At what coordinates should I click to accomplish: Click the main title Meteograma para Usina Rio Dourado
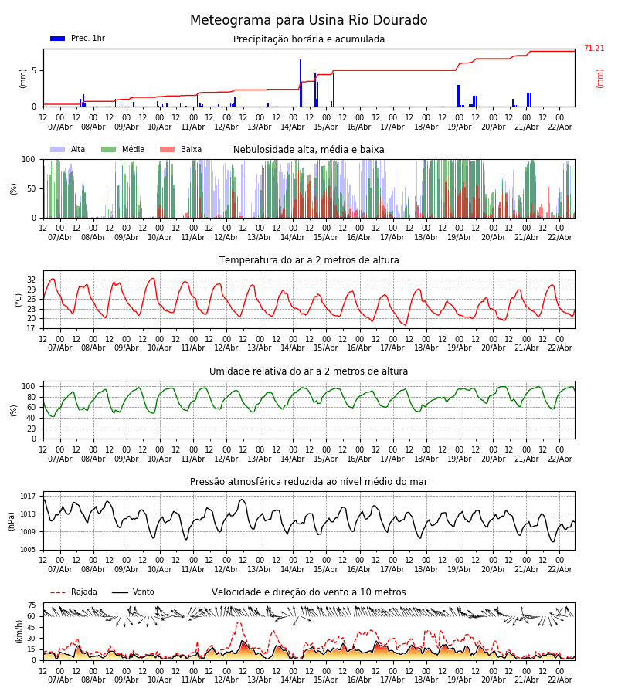point(309,21)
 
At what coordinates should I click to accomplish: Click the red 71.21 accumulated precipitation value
point(593,49)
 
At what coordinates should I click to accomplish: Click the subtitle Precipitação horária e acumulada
point(309,39)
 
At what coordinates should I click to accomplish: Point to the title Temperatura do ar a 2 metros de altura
point(309,261)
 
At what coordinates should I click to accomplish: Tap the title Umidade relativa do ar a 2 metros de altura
point(309,371)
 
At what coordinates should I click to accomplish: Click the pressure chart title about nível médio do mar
point(309,482)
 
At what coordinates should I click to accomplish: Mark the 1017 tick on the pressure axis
point(28,497)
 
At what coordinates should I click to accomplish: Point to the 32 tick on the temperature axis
point(32,280)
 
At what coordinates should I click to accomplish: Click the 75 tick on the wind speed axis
point(32,605)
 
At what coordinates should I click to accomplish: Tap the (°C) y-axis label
point(19,299)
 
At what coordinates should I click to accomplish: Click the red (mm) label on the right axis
point(599,78)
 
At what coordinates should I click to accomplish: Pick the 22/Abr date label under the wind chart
point(559,680)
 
